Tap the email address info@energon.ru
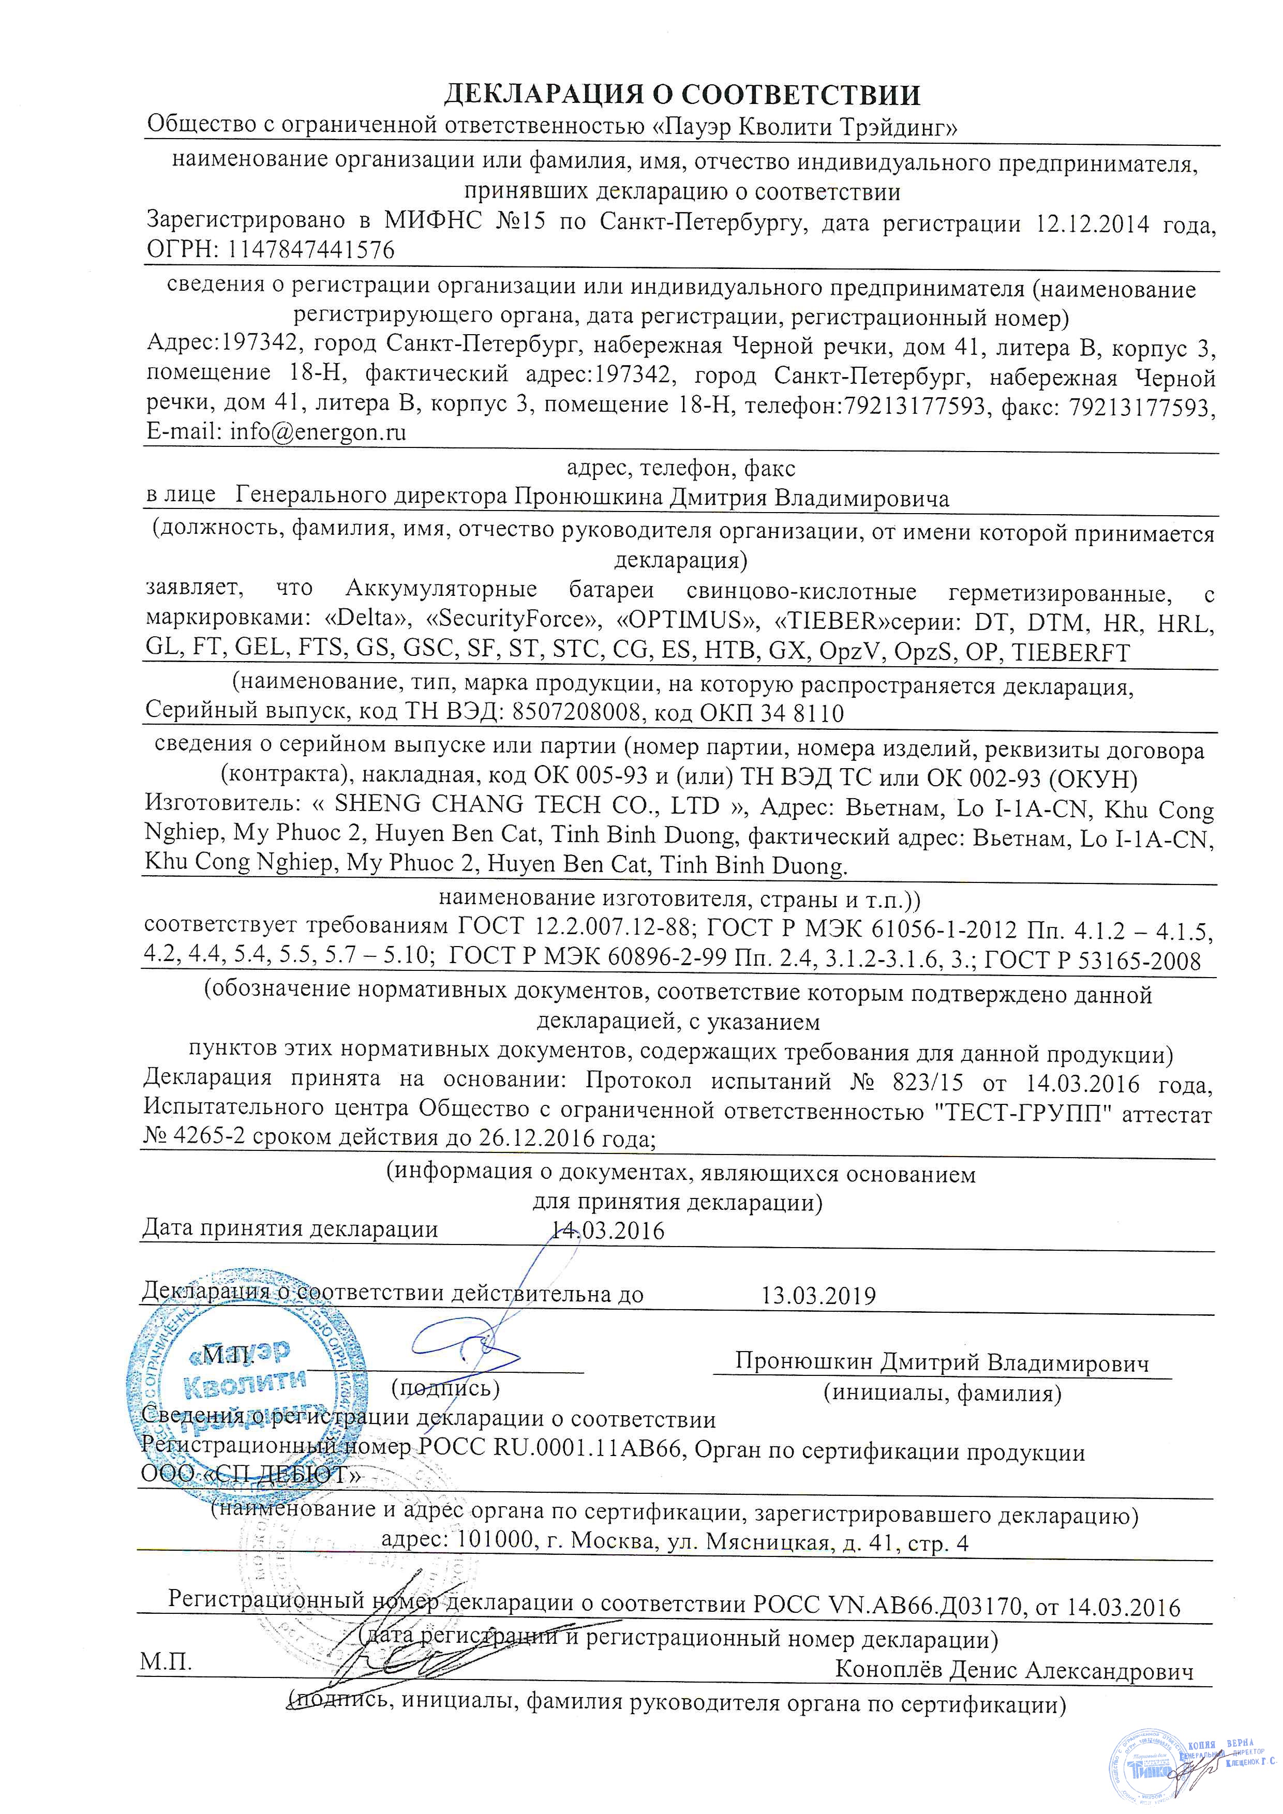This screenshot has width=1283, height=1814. (x=318, y=433)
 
